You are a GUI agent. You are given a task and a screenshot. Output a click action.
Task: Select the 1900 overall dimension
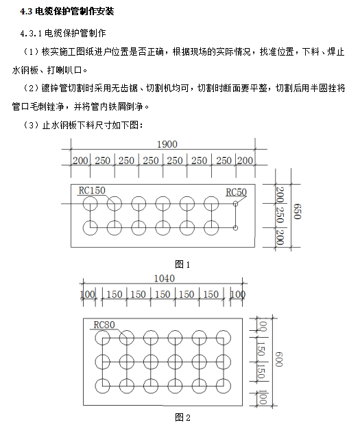[167, 144]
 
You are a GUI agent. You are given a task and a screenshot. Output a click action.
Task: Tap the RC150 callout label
[92, 189]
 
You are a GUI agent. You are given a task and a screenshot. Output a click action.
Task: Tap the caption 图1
[182, 264]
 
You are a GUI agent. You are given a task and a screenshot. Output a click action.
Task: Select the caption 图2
[182, 417]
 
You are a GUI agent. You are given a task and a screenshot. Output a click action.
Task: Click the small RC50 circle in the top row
[236, 204]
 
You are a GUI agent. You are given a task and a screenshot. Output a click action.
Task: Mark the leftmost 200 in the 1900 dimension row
[81, 160]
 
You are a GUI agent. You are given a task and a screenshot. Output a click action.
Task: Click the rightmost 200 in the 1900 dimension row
[245, 160]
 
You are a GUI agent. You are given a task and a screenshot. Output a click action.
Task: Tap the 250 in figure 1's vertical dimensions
[280, 215]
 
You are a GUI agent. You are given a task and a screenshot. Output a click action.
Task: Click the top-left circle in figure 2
[103, 337]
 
